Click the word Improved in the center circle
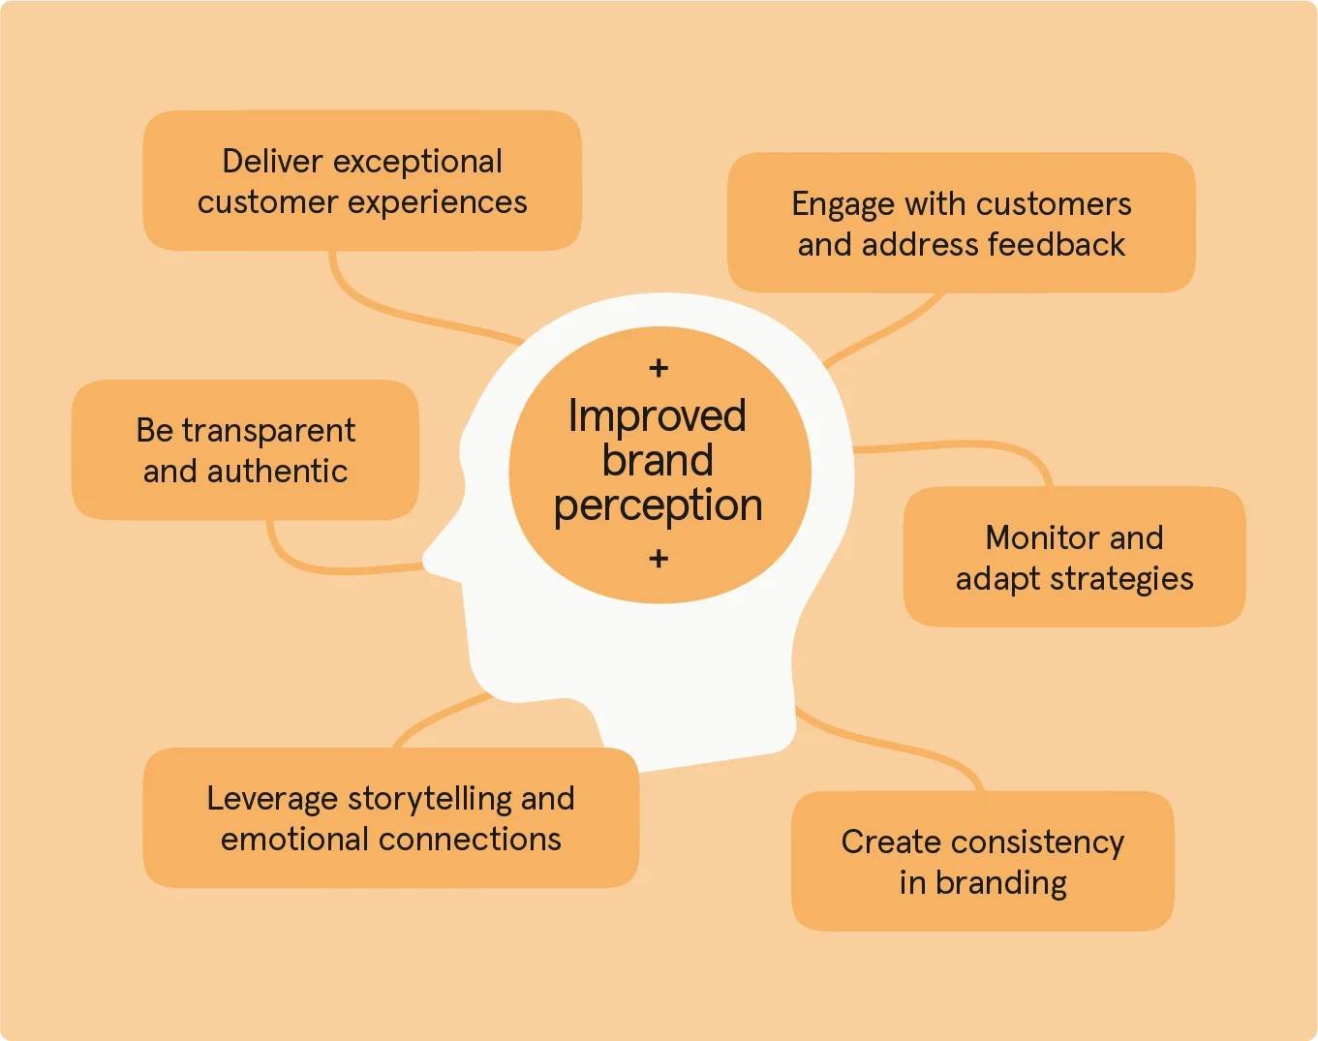coord(657,416)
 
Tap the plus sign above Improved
coord(659,368)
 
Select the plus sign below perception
coord(659,559)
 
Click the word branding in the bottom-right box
coord(1001,883)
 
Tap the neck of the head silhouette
coord(697,717)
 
